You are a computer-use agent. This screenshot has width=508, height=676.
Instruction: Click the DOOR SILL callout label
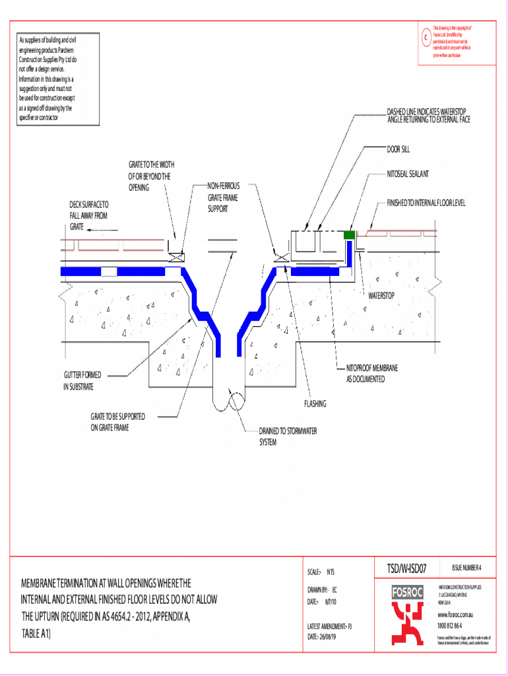pyautogui.click(x=398, y=150)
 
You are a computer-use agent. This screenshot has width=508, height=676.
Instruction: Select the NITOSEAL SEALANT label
pyautogui.click(x=408, y=174)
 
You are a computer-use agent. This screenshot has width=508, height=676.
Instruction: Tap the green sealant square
pyautogui.click(x=350, y=234)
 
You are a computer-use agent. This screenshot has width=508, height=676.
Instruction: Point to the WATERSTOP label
pyautogui.click(x=381, y=295)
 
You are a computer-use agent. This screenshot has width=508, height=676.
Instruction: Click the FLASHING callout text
pyautogui.click(x=315, y=403)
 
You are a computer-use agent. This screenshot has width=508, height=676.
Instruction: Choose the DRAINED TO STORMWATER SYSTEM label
pyautogui.click(x=288, y=436)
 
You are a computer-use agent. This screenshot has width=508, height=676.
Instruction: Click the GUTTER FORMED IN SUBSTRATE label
pyautogui.click(x=82, y=381)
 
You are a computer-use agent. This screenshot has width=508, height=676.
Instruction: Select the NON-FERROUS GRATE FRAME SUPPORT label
pyautogui.click(x=223, y=197)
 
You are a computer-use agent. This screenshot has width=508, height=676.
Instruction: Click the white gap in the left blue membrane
pyautogui.click(x=109, y=271)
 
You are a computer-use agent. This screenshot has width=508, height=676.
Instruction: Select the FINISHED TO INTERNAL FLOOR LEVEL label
pyautogui.click(x=426, y=203)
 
